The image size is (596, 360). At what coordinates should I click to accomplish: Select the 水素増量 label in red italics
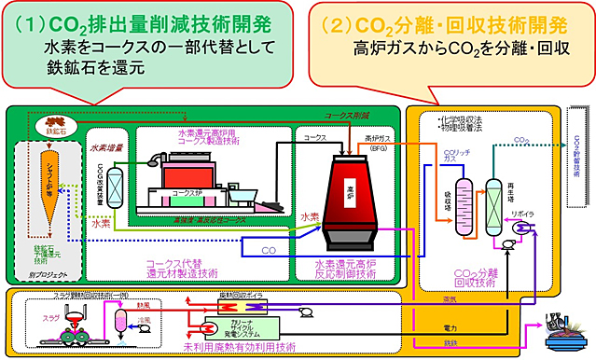(107, 145)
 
